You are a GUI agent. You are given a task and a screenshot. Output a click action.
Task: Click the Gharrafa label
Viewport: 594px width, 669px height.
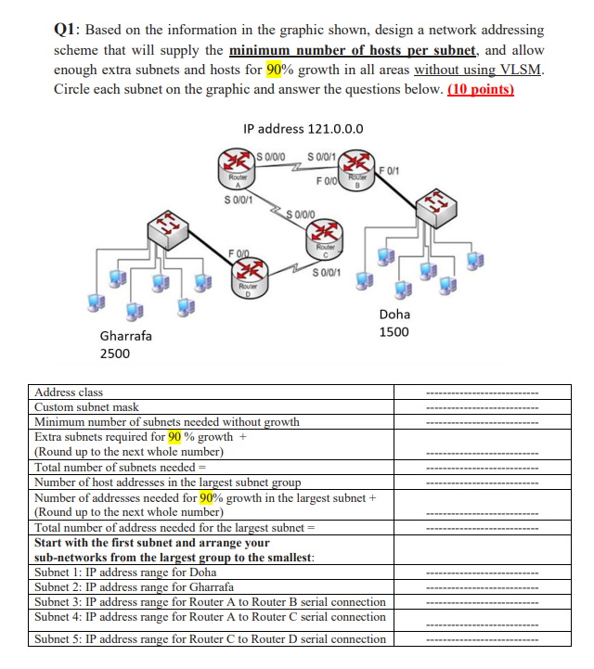[x=125, y=335]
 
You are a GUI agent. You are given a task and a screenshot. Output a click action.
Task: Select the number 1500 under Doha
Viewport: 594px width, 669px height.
[x=394, y=332]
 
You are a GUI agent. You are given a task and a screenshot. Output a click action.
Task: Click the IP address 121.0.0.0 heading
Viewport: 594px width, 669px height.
[x=303, y=129]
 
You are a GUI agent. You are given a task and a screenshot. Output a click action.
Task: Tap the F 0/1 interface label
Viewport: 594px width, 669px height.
[x=392, y=168]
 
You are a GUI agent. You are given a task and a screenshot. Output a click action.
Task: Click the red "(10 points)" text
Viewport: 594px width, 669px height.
[x=481, y=90]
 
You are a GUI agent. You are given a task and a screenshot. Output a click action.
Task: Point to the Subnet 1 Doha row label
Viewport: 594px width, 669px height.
[x=125, y=573]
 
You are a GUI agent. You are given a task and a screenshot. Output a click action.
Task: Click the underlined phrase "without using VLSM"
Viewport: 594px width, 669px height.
[x=479, y=71]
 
